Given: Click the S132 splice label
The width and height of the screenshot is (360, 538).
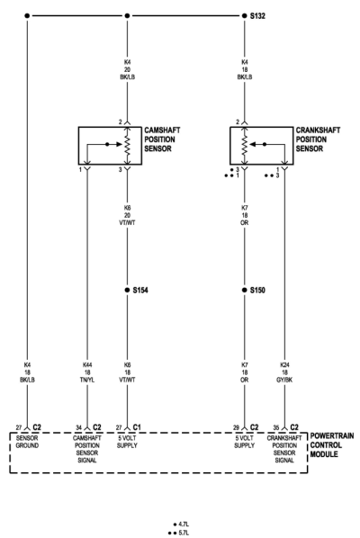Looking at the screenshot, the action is coord(257,16).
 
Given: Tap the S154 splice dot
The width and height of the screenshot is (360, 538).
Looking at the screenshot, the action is coord(127,290).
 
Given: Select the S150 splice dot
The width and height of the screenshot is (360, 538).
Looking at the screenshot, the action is coord(244,290).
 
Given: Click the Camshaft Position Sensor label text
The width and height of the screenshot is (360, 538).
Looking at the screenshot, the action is coord(162,139).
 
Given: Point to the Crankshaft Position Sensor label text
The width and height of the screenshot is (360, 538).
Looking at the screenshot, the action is coord(318,139).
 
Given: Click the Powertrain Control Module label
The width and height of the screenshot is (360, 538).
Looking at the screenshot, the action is coord(331,444).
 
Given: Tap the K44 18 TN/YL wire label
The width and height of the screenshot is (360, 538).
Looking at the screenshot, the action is coord(87,372).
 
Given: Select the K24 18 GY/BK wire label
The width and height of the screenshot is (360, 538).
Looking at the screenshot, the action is coord(284,372).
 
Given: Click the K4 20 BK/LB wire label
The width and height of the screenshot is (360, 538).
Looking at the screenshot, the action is coord(127,69).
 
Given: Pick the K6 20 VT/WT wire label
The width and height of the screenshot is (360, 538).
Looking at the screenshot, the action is coord(127,215).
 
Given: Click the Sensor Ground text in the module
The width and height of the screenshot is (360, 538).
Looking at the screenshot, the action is coord(27,442).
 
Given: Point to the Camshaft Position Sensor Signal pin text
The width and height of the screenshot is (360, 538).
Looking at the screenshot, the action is coord(87,449).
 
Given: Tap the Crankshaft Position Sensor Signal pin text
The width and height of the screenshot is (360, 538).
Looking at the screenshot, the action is coord(284,449).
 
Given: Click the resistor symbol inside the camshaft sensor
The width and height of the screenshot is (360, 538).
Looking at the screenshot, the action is coord(127,146).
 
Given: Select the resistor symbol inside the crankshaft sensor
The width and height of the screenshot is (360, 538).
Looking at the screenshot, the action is coord(244,146).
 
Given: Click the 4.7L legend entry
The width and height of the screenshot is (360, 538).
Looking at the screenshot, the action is coord(181,525).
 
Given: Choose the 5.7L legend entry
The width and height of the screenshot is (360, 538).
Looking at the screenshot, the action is coord(178,533).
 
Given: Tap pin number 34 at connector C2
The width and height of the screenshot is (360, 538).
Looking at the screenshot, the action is coord(79,427).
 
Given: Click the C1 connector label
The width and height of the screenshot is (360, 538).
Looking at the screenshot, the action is coord(137,427).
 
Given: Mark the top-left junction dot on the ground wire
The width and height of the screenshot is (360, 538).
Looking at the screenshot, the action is coord(27,16).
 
